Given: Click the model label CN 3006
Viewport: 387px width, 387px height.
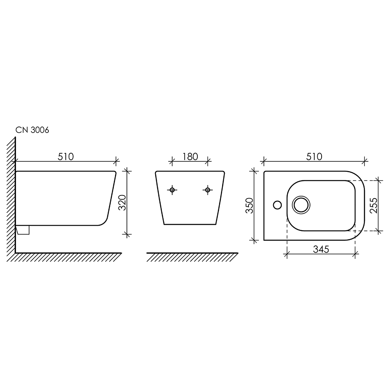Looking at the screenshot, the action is [x=33, y=130].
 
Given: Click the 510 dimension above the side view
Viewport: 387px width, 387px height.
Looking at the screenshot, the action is [x=66, y=156].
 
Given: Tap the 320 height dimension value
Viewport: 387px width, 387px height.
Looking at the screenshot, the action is [x=122, y=203].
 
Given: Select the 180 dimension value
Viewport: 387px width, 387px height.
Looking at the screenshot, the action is [x=190, y=156].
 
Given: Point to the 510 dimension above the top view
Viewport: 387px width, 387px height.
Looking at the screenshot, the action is [x=314, y=156].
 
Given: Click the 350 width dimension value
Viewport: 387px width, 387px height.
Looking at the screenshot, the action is [x=250, y=205].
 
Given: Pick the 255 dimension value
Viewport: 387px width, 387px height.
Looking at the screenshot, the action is [x=374, y=205].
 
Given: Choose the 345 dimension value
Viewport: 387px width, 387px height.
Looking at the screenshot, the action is [x=321, y=249].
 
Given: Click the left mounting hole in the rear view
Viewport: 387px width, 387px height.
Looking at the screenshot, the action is [x=172, y=190].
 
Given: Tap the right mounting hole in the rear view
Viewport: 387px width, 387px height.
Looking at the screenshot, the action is [x=208, y=190].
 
